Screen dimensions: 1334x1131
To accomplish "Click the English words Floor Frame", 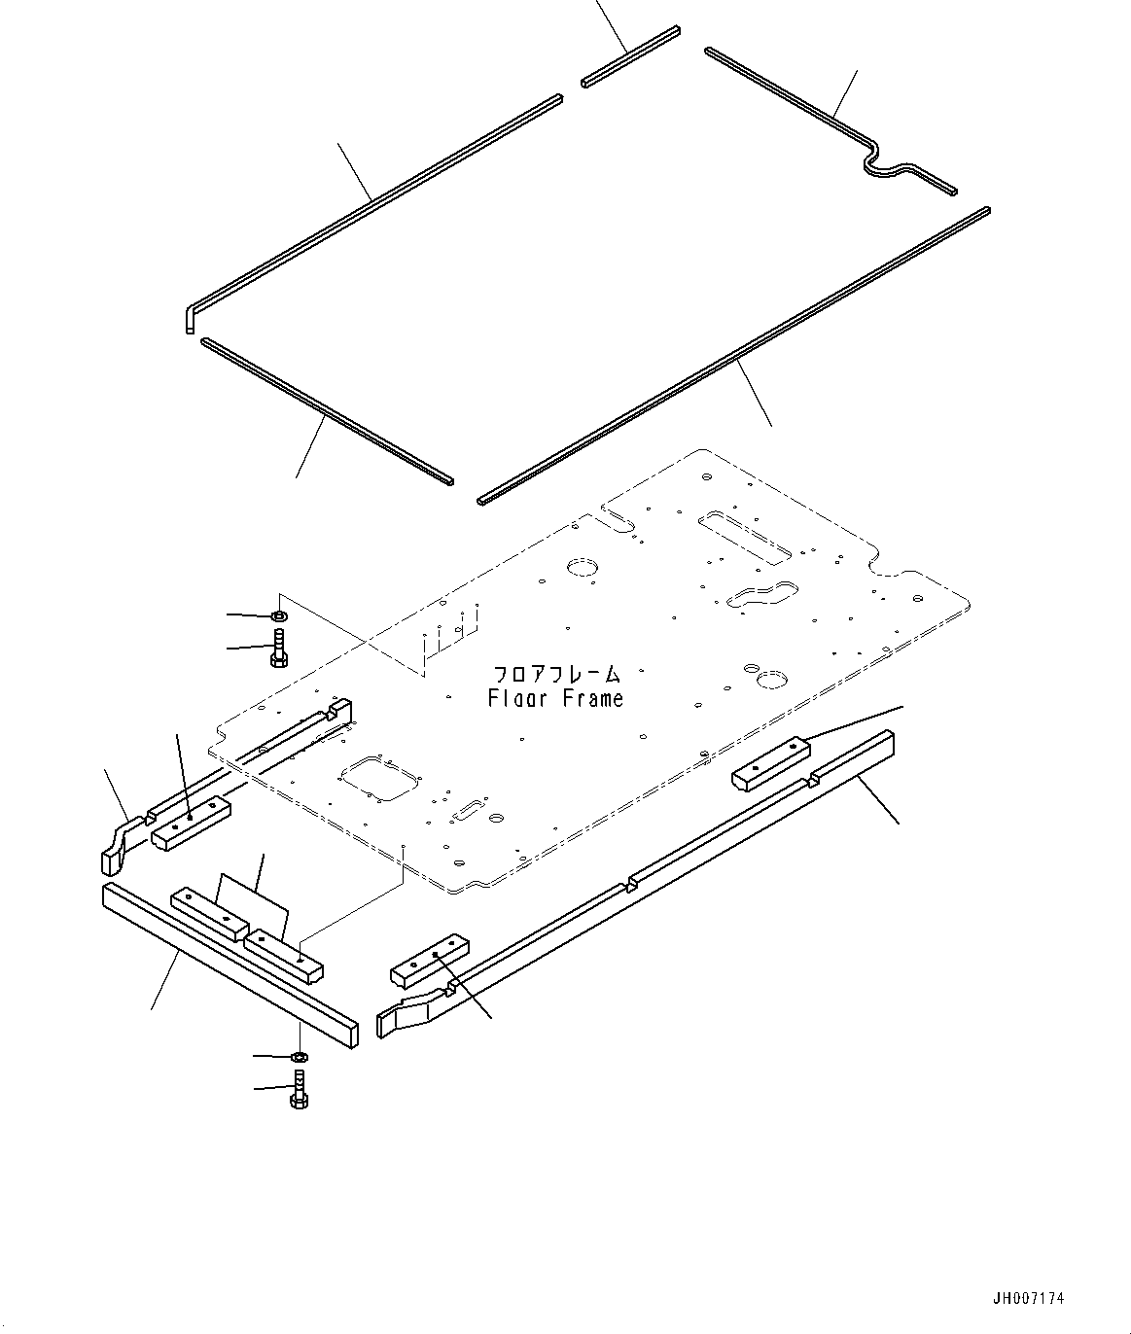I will point(556,698).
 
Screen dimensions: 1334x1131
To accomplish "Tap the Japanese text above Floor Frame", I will point(556,674).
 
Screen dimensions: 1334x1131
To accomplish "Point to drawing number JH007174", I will point(1028,1297).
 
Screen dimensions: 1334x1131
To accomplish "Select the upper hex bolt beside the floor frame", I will point(278,648).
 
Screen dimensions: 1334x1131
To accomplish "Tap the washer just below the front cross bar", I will point(300,1057).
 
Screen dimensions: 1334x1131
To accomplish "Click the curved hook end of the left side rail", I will point(116,847).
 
